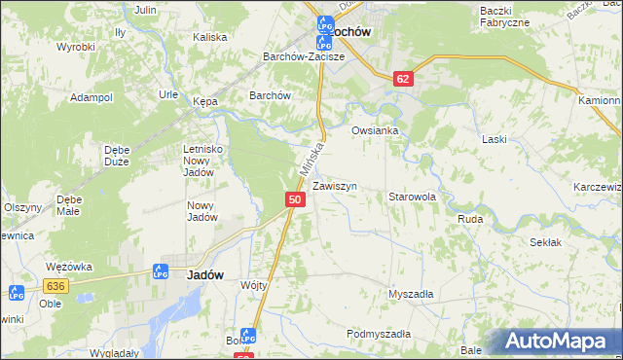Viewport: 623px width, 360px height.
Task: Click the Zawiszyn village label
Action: pyautogui.click(x=335, y=186)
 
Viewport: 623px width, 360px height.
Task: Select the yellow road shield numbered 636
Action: pyautogui.click(x=55, y=285)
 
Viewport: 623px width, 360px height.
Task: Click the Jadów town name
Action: pyautogui.click(x=205, y=275)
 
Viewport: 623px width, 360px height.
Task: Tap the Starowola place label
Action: pyautogui.click(x=412, y=197)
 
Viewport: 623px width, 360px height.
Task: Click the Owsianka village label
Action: pyautogui.click(x=376, y=130)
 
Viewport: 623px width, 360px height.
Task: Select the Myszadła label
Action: pyautogui.click(x=411, y=293)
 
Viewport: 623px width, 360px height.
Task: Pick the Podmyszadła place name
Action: pyautogui.click(x=379, y=334)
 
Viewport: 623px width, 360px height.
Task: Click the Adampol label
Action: pyautogui.click(x=92, y=98)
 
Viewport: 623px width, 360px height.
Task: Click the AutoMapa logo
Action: pyautogui.click(x=560, y=342)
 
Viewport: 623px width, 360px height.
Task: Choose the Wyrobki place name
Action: pyautogui.click(x=75, y=47)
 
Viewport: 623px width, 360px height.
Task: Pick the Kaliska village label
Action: pyautogui.click(x=209, y=37)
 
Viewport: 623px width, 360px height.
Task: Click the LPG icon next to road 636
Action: pyautogui.click(x=17, y=292)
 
